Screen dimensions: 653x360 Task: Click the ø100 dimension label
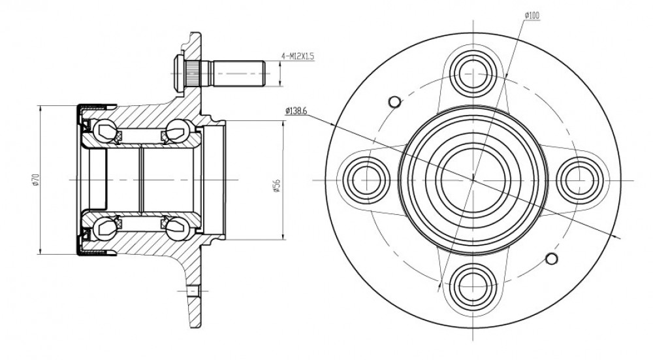coord(532,16)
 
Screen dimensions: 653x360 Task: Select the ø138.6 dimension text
coord(296,111)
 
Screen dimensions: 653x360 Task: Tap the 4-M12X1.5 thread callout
coord(297,56)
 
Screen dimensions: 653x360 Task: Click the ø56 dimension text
coord(277,186)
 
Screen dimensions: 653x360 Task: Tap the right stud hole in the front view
coord(579,180)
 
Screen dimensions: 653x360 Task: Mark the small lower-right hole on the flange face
coord(551,258)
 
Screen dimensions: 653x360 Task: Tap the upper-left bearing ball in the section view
coord(104,131)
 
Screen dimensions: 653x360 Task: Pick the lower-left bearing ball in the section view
coord(104,228)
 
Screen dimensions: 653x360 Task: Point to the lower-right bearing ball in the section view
coord(178,228)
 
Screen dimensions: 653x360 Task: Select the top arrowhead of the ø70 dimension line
coord(40,108)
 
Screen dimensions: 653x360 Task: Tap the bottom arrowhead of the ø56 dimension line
coord(283,237)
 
